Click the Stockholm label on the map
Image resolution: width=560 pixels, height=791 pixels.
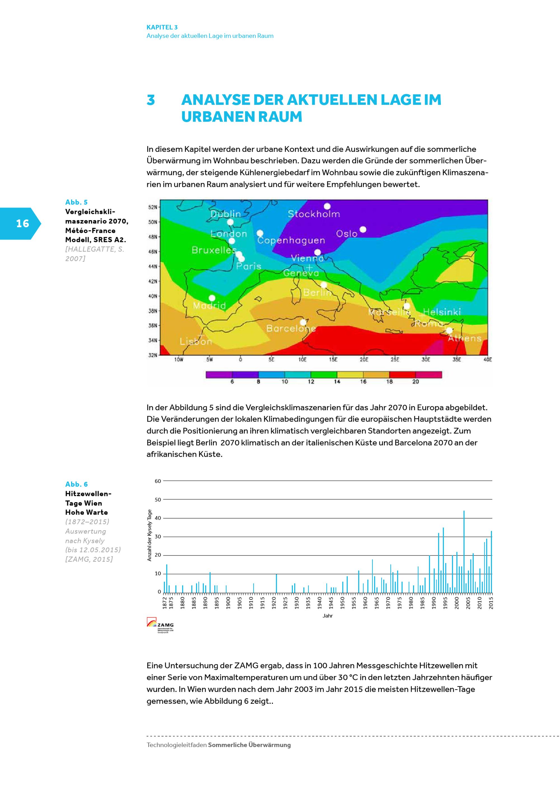[x=314, y=214]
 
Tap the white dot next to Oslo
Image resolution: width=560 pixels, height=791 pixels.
[x=363, y=229]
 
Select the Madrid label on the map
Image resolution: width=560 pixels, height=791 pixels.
[x=209, y=306]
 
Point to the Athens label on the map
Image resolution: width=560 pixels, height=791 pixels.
[x=465, y=338]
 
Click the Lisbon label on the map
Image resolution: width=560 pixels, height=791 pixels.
[x=196, y=342]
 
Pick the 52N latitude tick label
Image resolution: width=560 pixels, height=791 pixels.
[x=153, y=207]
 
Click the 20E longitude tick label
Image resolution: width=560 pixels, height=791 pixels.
[x=364, y=360]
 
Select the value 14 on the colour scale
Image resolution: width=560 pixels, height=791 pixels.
[x=337, y=382]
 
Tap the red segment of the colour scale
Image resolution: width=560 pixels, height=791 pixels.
[x=402, y=375]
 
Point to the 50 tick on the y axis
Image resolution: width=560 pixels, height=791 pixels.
[x=158, y=500]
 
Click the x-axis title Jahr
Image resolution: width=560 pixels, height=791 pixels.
[x=328, y=616]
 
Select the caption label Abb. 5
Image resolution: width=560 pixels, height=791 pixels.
[x=76, y=202]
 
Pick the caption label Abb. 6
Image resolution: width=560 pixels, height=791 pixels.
[x=76, y=484]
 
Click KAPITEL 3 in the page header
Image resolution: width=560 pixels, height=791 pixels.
[x=162, y=27]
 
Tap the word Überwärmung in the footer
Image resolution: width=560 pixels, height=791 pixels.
[x=269, y=745]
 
